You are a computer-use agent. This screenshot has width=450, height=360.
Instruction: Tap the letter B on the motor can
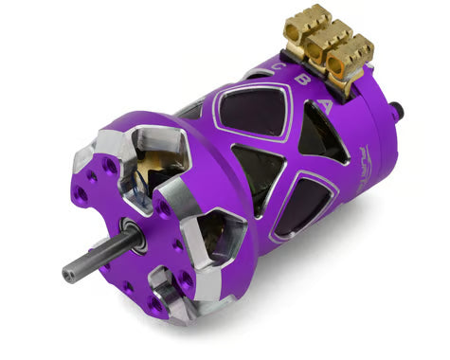(276, 82)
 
